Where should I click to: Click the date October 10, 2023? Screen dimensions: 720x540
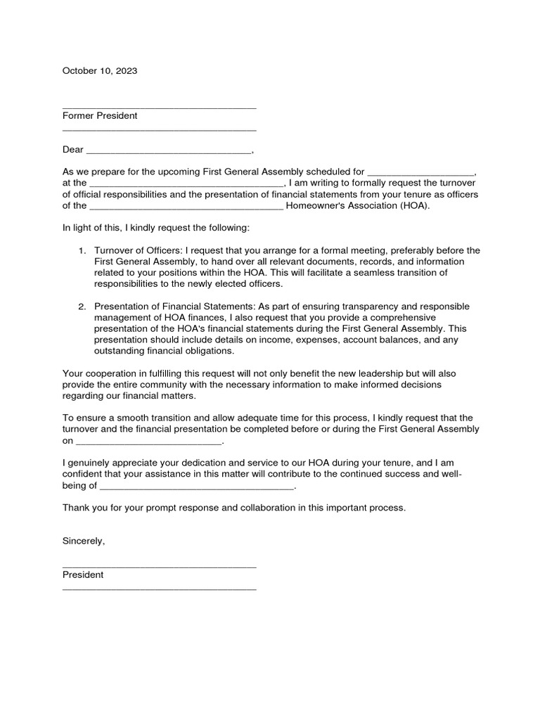[x=100, y=71]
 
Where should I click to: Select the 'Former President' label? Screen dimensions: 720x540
[x=100, y=116]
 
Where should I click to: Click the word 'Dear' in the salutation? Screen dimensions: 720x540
[x=73, y=150]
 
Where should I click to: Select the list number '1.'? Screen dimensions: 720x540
[x=82, y=251]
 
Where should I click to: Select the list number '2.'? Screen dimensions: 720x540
[x=82, y=307]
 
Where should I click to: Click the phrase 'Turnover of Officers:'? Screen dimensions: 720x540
[x=139, y=251]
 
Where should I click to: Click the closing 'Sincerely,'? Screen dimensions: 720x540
[x=84, y=541]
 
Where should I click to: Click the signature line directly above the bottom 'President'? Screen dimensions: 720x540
[x=159, y=565]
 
